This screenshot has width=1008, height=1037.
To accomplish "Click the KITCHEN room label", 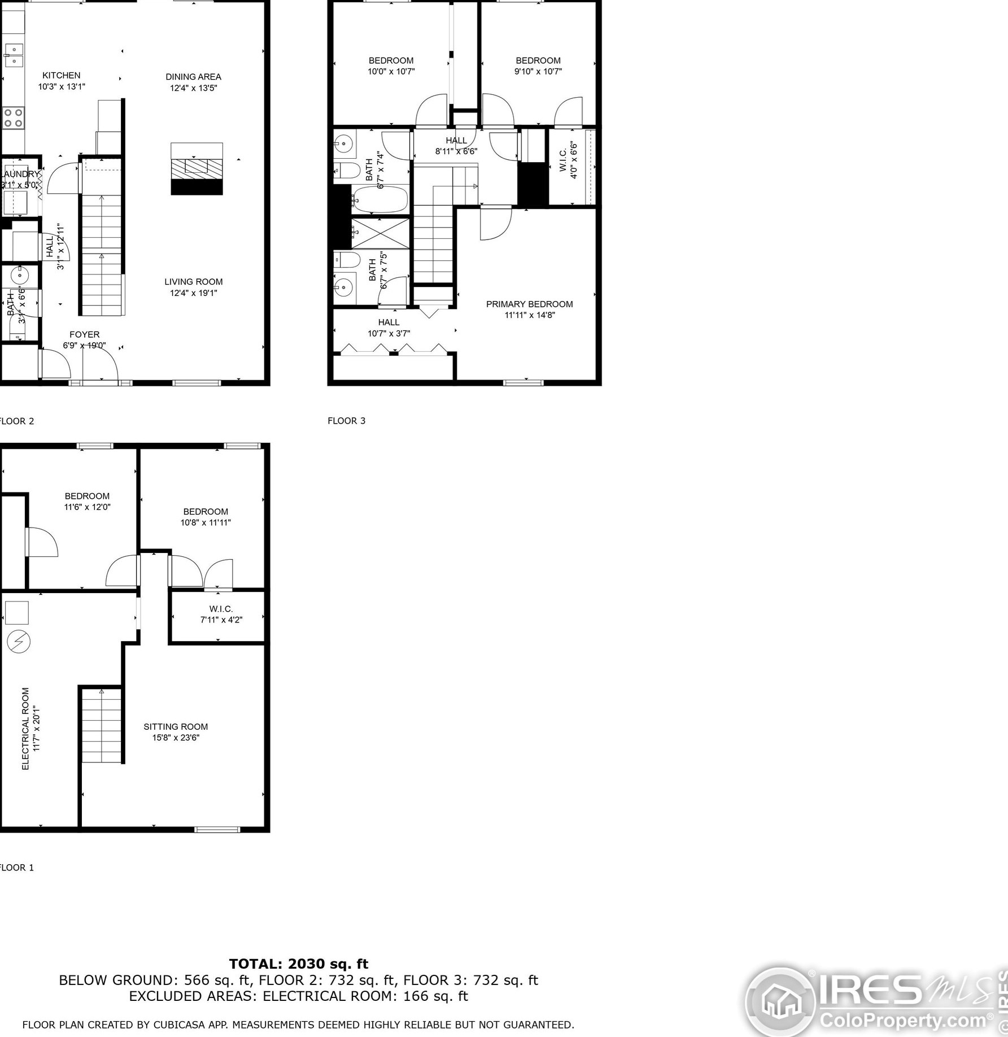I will pyautogui.click(x=61, y=75).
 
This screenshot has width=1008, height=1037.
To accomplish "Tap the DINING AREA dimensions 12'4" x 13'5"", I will pyautogui.click(x=194, y=88).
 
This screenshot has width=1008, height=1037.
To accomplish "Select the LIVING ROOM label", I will pyautogui.click(x=194, y=282).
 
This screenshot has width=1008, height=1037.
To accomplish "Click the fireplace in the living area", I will pyautogui.click(x=197, y=169).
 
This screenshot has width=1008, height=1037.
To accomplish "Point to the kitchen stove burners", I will pyautogui.click(x=13, y=118).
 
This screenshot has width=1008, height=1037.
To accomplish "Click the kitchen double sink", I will pyautogui.click(x=13, y=55).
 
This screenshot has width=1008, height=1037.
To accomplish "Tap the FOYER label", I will pyautogui.click(x=84, y=334).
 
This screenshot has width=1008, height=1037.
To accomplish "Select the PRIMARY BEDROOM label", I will pyautogui.click(x=529, y=304).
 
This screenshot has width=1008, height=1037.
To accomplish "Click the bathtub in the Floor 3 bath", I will pyautogui.click(x=379, y=199).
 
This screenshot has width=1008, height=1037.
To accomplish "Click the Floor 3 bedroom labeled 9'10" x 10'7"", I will pyautogui.click(x=538, y=66).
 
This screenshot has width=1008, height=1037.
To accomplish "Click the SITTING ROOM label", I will pyautogui.click(x=175, y=726).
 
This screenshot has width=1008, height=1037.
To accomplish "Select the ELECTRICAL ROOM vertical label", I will pyautogui.click(x=25, y=728).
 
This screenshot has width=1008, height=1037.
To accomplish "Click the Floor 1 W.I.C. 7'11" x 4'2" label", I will pyautogui.click(x=221, y=614).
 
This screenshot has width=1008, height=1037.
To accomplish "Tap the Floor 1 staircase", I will pyautogui.click(x=102, y=725).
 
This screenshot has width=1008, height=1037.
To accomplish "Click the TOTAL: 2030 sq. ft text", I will pyautogui.click(x=298, y=964).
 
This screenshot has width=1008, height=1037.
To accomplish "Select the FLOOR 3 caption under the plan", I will pyautogui.click(x=346, y=420).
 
